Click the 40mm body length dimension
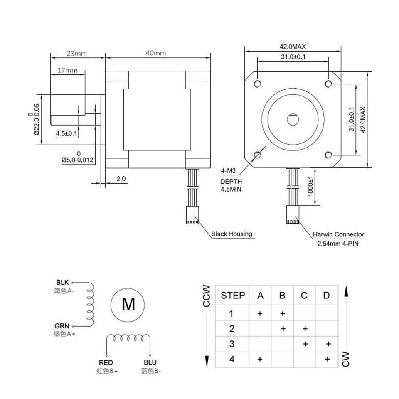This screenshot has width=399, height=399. pos(156,53)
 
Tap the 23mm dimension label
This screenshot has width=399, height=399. pos(76,53)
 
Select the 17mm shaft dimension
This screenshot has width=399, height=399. pos(67,70)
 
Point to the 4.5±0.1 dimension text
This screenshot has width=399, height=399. pos(68,133)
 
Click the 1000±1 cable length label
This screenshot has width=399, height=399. pos(310,187)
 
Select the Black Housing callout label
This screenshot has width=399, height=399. pos(232,234)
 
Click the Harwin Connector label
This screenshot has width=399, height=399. pos(338,234)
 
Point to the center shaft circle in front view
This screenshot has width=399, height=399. pos(293,119)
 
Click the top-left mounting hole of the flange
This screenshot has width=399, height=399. pos(257,84)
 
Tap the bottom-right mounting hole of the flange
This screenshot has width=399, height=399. pos(328,155)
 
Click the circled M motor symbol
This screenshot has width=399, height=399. pos(128,305)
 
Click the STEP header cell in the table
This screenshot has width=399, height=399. pos(233,296)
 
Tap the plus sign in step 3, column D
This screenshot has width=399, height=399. pos(328,344)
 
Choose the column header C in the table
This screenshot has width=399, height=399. pos(304,296)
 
